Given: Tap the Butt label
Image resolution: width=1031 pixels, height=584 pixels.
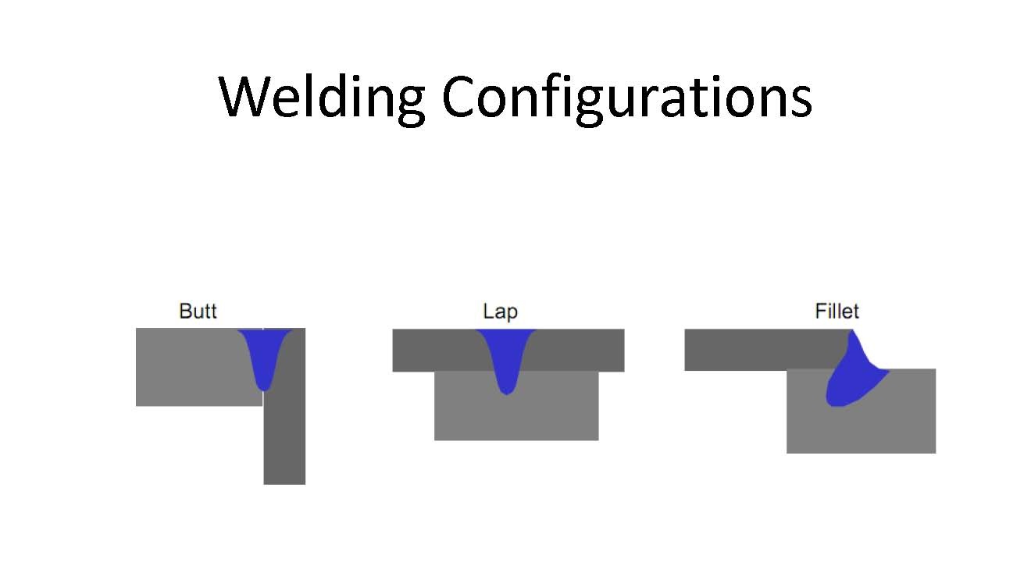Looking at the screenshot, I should pos(198,312).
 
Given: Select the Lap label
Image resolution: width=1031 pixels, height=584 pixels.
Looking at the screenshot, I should pos(500,312).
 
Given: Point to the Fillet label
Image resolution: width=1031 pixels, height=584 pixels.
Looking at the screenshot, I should pos(837,312).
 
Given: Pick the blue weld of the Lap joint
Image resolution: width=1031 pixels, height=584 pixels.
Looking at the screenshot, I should pos(505,355).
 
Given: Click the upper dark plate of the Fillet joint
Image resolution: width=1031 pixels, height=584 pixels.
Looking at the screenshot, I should pos(758,350).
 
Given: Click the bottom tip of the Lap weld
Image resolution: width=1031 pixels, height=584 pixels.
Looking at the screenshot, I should pos(506,393).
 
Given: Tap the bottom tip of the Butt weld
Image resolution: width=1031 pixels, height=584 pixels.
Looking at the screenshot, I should pos(265,388).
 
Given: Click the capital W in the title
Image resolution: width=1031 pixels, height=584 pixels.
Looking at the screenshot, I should pos(245,97).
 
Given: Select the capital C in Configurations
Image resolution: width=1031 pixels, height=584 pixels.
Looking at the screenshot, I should pos(461,98).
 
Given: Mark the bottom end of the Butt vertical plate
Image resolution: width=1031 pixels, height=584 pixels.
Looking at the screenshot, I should pos(284,481).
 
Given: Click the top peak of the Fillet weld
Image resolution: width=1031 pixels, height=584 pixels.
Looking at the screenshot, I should pos(852,332).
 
